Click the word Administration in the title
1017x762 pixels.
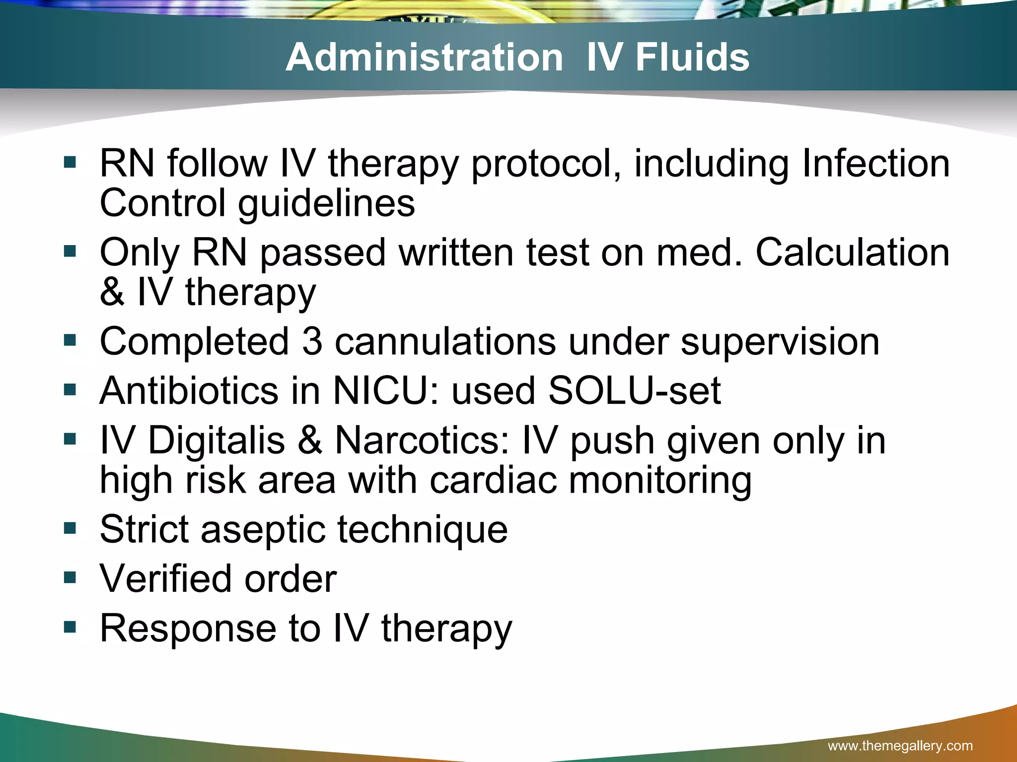tap(424, 57)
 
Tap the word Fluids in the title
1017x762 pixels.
tap(692, 57)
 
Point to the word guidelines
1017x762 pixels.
tap(326, 203)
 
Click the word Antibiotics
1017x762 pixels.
tap(189, 390)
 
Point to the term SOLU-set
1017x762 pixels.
tap(634, 390)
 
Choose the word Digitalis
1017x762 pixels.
tap(217, 440)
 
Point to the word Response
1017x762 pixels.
tap(188, 628)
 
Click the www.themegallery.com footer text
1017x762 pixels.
tap(900, 746)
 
